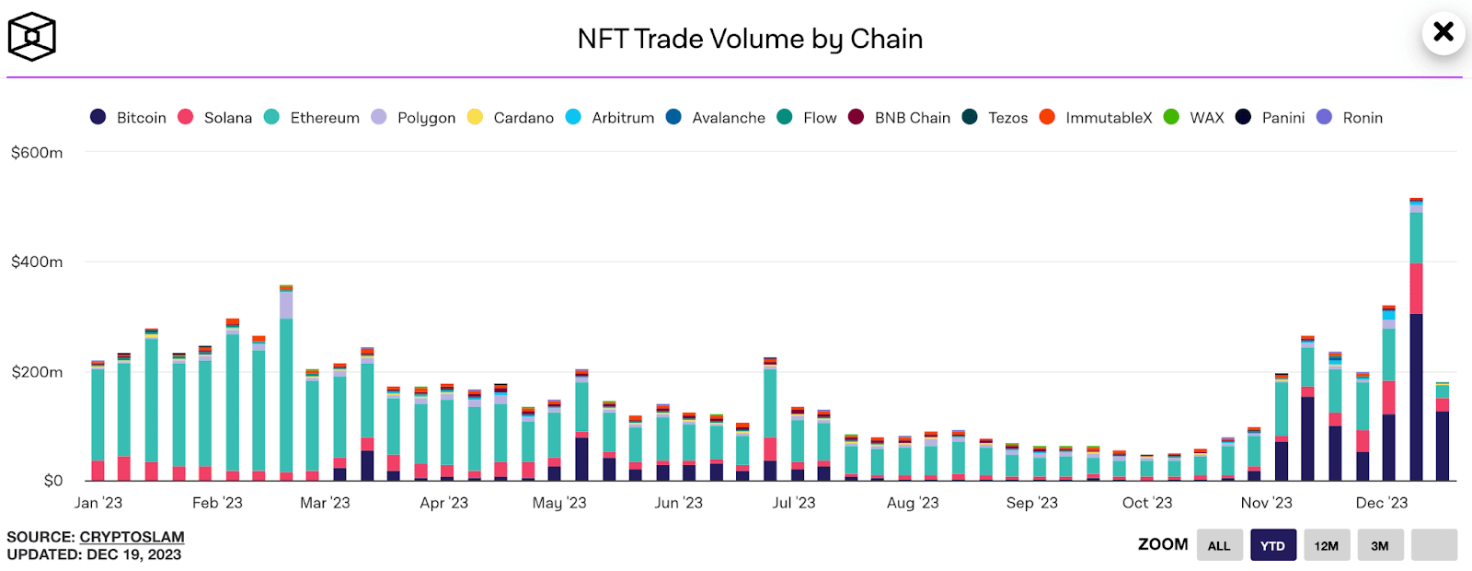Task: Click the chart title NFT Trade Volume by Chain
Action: (750, 39)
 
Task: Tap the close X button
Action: (1443, 32)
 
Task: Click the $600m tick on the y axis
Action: (37, 153)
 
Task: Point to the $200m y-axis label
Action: (37, 372)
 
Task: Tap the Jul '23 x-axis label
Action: (794, 503)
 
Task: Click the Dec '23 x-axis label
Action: (1382, 503)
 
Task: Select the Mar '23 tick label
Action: (325, 503)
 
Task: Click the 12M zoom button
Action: (1326, 545)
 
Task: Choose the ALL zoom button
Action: (1219, 545)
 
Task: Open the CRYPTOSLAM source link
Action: (132, 537)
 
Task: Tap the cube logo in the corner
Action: (32, 37)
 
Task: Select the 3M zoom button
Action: (1379, 545)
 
